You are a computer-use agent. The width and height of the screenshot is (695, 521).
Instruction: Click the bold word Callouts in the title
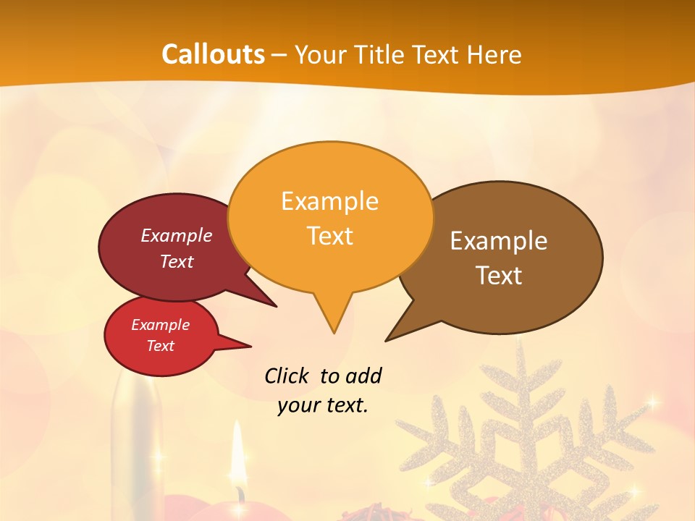(x=213, y=54)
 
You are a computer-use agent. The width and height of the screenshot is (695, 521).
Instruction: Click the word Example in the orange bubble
(x=329, y=201)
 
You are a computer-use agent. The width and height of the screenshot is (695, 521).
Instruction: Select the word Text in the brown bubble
(x=499, y=276)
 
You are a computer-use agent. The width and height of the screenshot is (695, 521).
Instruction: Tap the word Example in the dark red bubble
(x=176, y=236)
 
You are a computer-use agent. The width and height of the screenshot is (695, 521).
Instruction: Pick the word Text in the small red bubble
(x=160, y=346)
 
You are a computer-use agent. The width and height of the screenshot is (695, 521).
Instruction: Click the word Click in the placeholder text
(x=288, y=376)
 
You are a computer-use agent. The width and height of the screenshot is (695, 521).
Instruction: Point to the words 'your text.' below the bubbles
(x=322, y=405)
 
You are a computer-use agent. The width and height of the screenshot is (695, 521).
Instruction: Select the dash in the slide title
(x=280, y=54)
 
